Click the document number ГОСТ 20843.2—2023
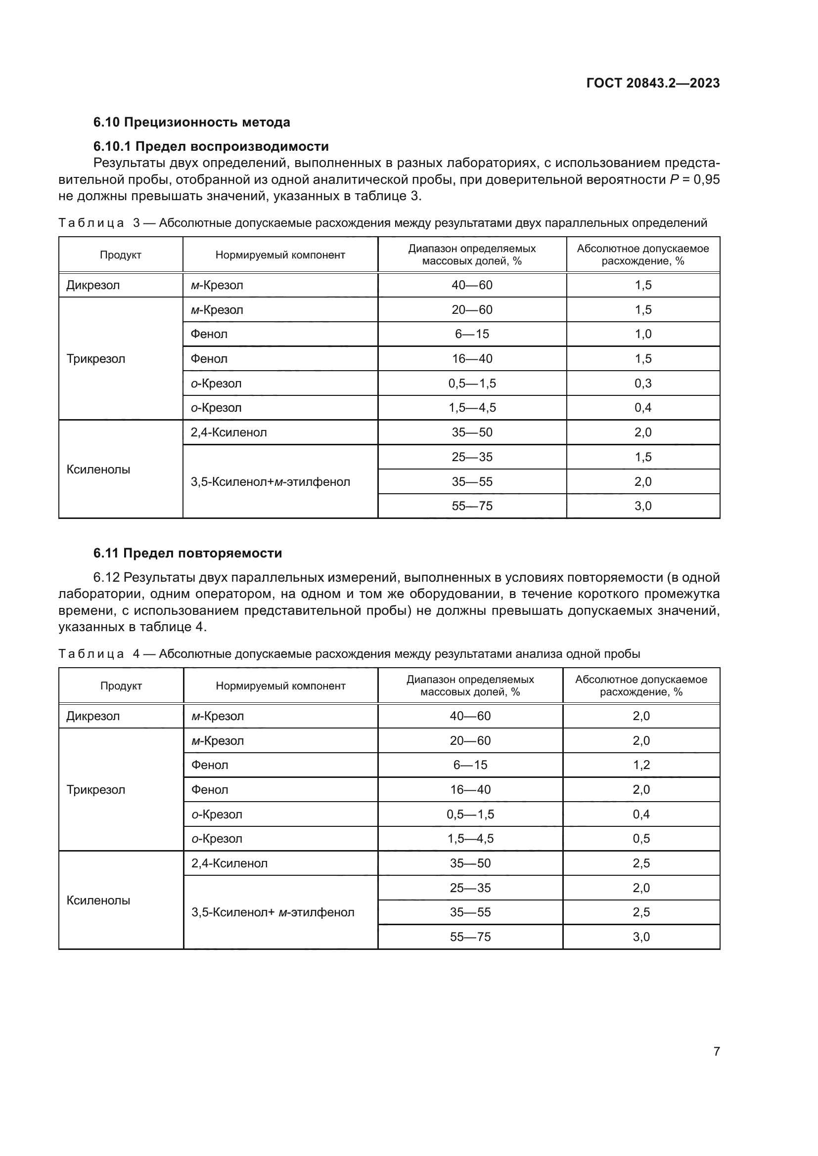[x=653, y=83]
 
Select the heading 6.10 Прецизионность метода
[x=191, y=123]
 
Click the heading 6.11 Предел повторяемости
[x=187, y=554]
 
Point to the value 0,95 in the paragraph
[x=706, y=180]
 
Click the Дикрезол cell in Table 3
[x=93, y=286]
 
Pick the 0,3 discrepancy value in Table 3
[x=643, y=384]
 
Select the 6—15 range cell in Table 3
[x=472, y=334]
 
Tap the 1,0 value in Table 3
[x=643, y=334]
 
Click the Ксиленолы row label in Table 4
[x=98, y=900]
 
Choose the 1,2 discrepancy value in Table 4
[x=641, y=765]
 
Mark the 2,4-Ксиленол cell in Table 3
[x=228, y=432]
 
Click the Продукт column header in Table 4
[x=121, y=686]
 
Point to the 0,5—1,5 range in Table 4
[x=470, y=814]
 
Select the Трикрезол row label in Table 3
[x=96, y=359]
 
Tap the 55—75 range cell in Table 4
[x=470, y=937]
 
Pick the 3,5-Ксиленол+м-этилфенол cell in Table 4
[x=273, y=912]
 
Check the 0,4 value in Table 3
[x=643, y=408]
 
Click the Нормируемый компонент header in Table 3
[x=280, y=255]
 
